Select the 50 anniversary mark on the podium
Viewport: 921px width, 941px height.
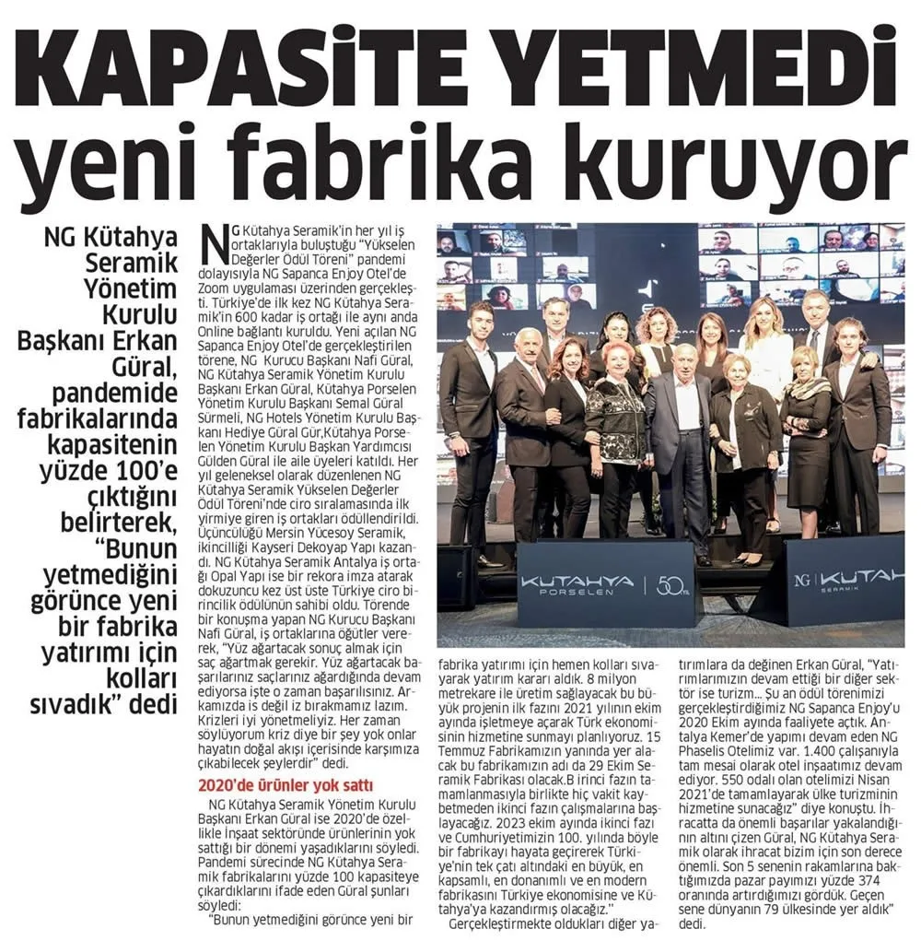click(668, 583)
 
